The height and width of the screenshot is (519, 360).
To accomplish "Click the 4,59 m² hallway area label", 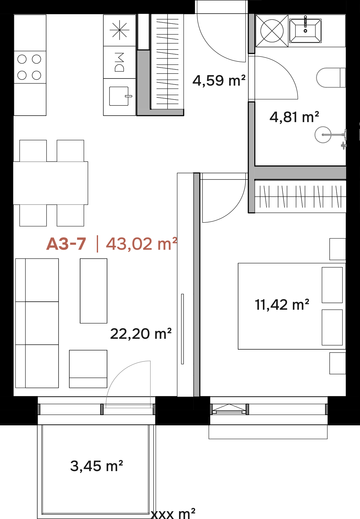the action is (x=219, y=81).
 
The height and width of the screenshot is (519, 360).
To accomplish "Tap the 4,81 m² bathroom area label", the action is (x=294, y=117).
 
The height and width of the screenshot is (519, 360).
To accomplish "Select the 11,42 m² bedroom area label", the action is (x=282, y=304).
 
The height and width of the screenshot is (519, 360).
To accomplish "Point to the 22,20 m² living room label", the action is (x=141, y=334).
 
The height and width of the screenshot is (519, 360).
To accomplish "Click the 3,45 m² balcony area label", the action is (x=96, y=466).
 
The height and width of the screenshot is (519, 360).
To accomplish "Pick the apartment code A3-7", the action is (x=66, y=244).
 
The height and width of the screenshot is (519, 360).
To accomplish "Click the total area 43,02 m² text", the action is (x=142, y=244).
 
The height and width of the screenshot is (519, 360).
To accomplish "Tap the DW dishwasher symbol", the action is (x=119, y=62).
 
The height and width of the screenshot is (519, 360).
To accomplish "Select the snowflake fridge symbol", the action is (x=119, y=30).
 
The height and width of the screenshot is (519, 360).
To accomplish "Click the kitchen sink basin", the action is (x=119, y=96).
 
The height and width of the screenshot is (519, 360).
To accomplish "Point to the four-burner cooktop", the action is (x=30, y=67).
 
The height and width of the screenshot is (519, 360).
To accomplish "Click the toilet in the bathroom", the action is (x=331, y=78).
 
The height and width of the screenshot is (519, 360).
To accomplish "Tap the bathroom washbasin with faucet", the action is (x=305, y=31).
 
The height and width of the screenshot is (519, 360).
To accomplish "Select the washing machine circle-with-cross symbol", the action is (x=272, y=31).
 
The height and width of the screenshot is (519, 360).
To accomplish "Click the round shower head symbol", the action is (x=323, y=134).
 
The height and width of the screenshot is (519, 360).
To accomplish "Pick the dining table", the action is (x=50, y=183).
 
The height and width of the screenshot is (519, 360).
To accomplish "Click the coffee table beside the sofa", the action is (x=94, y=291).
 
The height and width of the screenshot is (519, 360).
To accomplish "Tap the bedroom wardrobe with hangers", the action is (x=300, y=197).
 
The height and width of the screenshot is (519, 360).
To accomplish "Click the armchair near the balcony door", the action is (x=88, y=369).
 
